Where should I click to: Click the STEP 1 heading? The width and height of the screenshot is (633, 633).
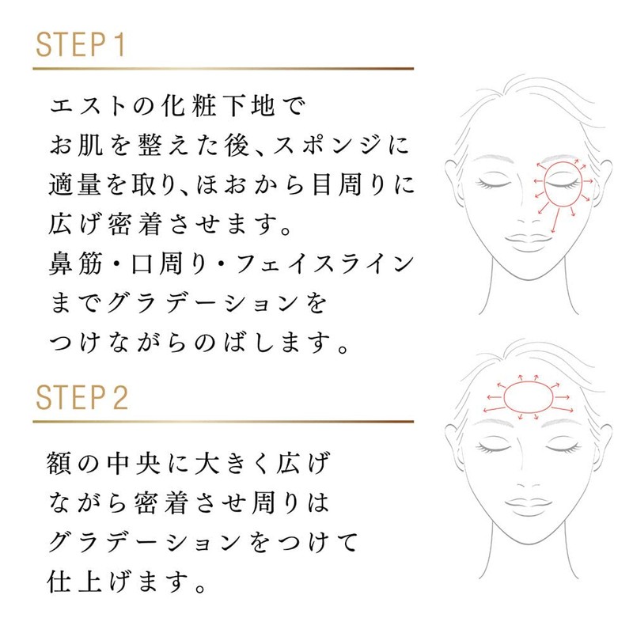[80, 45]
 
